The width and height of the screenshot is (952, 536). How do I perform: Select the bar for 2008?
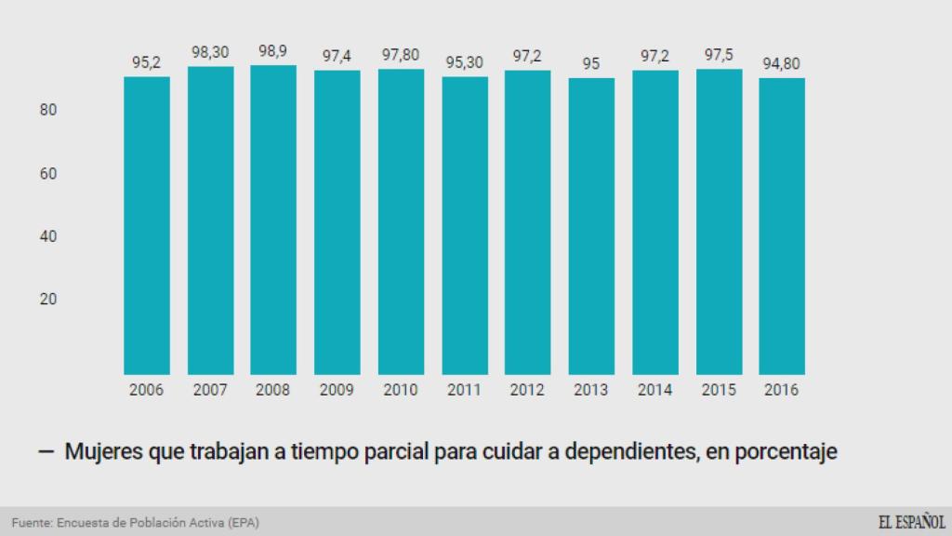(273, 220)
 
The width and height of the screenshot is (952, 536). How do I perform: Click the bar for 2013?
(591, 226)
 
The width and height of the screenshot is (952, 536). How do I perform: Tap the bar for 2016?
(782, 226)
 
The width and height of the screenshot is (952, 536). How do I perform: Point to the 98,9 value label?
(273, 52)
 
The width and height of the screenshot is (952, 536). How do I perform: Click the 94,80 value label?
(782, 64)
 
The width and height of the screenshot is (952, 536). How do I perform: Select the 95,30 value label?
(465, 63)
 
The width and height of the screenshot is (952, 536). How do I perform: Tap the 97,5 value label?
(719, 56)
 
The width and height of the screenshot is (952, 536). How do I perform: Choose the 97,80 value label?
(401, 56)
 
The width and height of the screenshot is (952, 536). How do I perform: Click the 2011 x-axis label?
(465, 390)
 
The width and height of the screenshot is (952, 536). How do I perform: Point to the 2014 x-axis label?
(654, 390)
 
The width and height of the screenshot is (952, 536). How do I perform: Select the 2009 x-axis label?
(337, 390)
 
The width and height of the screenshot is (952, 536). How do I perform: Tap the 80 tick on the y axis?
(48, 110)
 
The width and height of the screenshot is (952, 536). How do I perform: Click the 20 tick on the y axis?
(48, 299)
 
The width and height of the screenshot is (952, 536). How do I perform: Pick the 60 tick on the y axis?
(48, 173)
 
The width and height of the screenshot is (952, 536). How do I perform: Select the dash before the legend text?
(46, 452)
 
